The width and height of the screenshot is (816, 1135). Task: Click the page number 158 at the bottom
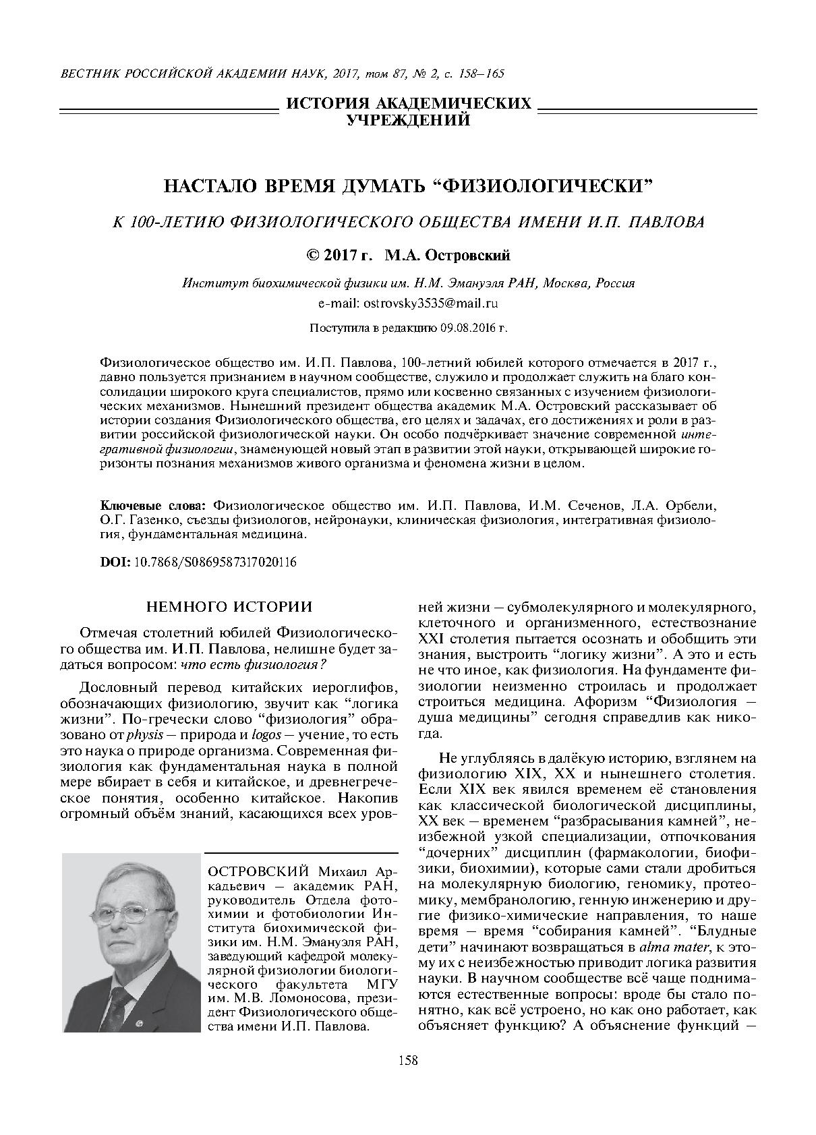point(408,1061)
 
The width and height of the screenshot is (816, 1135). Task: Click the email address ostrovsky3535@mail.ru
point(430,303)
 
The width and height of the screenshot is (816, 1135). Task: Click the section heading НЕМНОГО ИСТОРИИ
point(229,606)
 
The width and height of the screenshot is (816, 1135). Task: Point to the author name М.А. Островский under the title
point(447,256)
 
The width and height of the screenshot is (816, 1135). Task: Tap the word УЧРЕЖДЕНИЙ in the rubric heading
point(408,121)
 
